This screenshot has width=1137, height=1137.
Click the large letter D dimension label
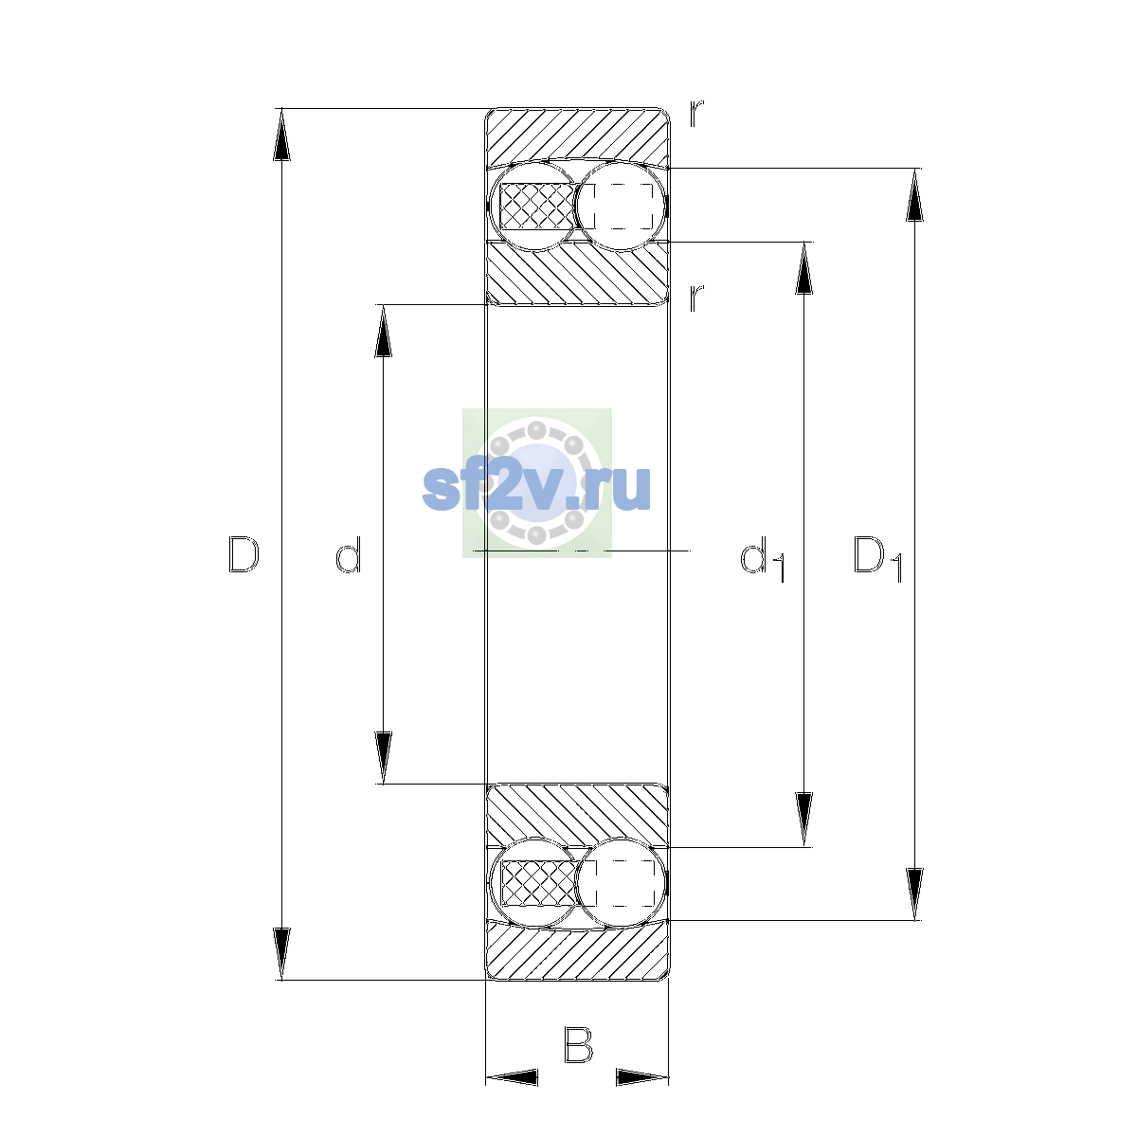[x=244, y=554]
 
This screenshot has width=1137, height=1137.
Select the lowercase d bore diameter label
[x=348, y=554]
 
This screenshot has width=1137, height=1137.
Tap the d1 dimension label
[x=763, y=559]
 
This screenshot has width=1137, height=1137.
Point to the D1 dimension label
[x=878, y=559]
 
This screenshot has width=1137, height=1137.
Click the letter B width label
[x=578, y=1044]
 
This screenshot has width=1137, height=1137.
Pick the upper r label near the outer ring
[x=696, y=114]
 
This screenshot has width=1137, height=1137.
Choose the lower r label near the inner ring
[x=696, y=298]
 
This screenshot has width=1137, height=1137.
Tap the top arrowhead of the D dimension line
[x=281, y=135]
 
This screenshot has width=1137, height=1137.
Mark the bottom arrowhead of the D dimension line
[x=281, y=954]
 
